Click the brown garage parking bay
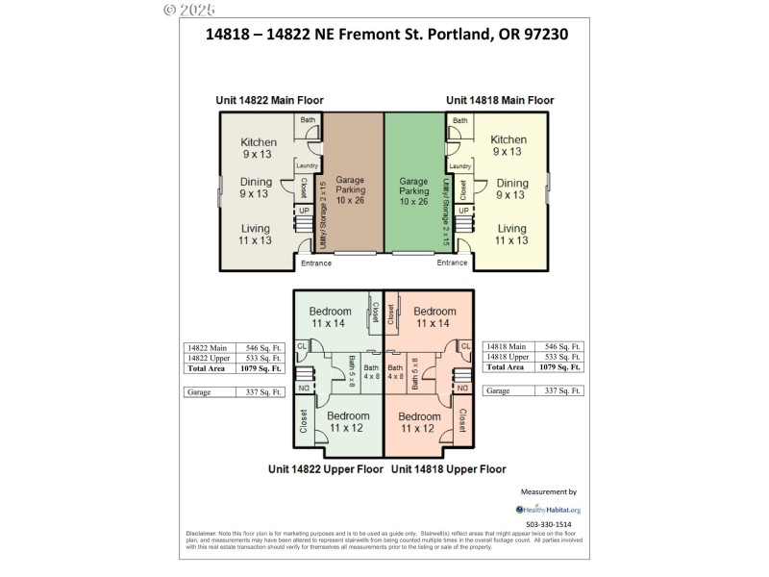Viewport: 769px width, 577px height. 351,183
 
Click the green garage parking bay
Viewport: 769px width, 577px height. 413,183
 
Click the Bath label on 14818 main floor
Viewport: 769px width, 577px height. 460,120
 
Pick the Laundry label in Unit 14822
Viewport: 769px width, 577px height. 307,165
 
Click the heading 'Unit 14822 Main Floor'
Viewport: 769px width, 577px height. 268,100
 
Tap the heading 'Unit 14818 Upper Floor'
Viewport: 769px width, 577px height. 448,469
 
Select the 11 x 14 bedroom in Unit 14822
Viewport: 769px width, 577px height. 331,317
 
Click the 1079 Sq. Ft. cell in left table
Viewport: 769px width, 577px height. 261,367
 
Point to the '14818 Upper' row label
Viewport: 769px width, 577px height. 506,357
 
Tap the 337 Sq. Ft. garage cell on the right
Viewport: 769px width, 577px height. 563,391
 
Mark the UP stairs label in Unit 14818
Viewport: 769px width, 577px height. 462,209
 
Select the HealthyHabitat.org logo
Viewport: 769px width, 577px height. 549,510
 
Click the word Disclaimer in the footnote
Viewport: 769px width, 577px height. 203,533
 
